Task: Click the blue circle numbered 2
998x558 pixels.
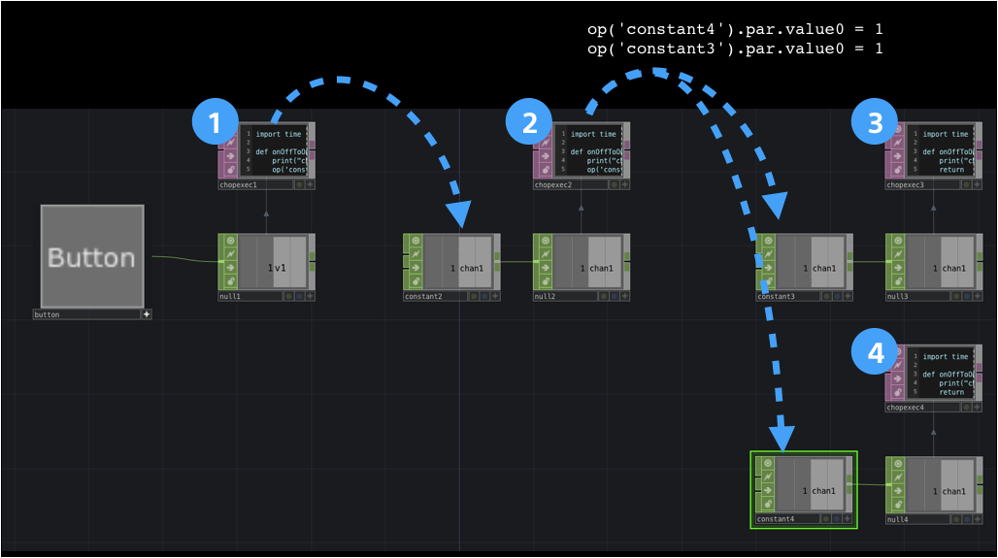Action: (x=530, y=122)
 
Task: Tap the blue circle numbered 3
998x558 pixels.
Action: (x=876, y=122)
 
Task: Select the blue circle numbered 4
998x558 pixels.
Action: (x=876, y=353)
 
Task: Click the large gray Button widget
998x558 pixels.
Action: (x=92, y=256)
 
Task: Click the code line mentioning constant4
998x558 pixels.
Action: (x=735, y=29)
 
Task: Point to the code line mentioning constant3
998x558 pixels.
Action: (x=735, y=49)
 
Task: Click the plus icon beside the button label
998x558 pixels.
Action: (x=147, y=314)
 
